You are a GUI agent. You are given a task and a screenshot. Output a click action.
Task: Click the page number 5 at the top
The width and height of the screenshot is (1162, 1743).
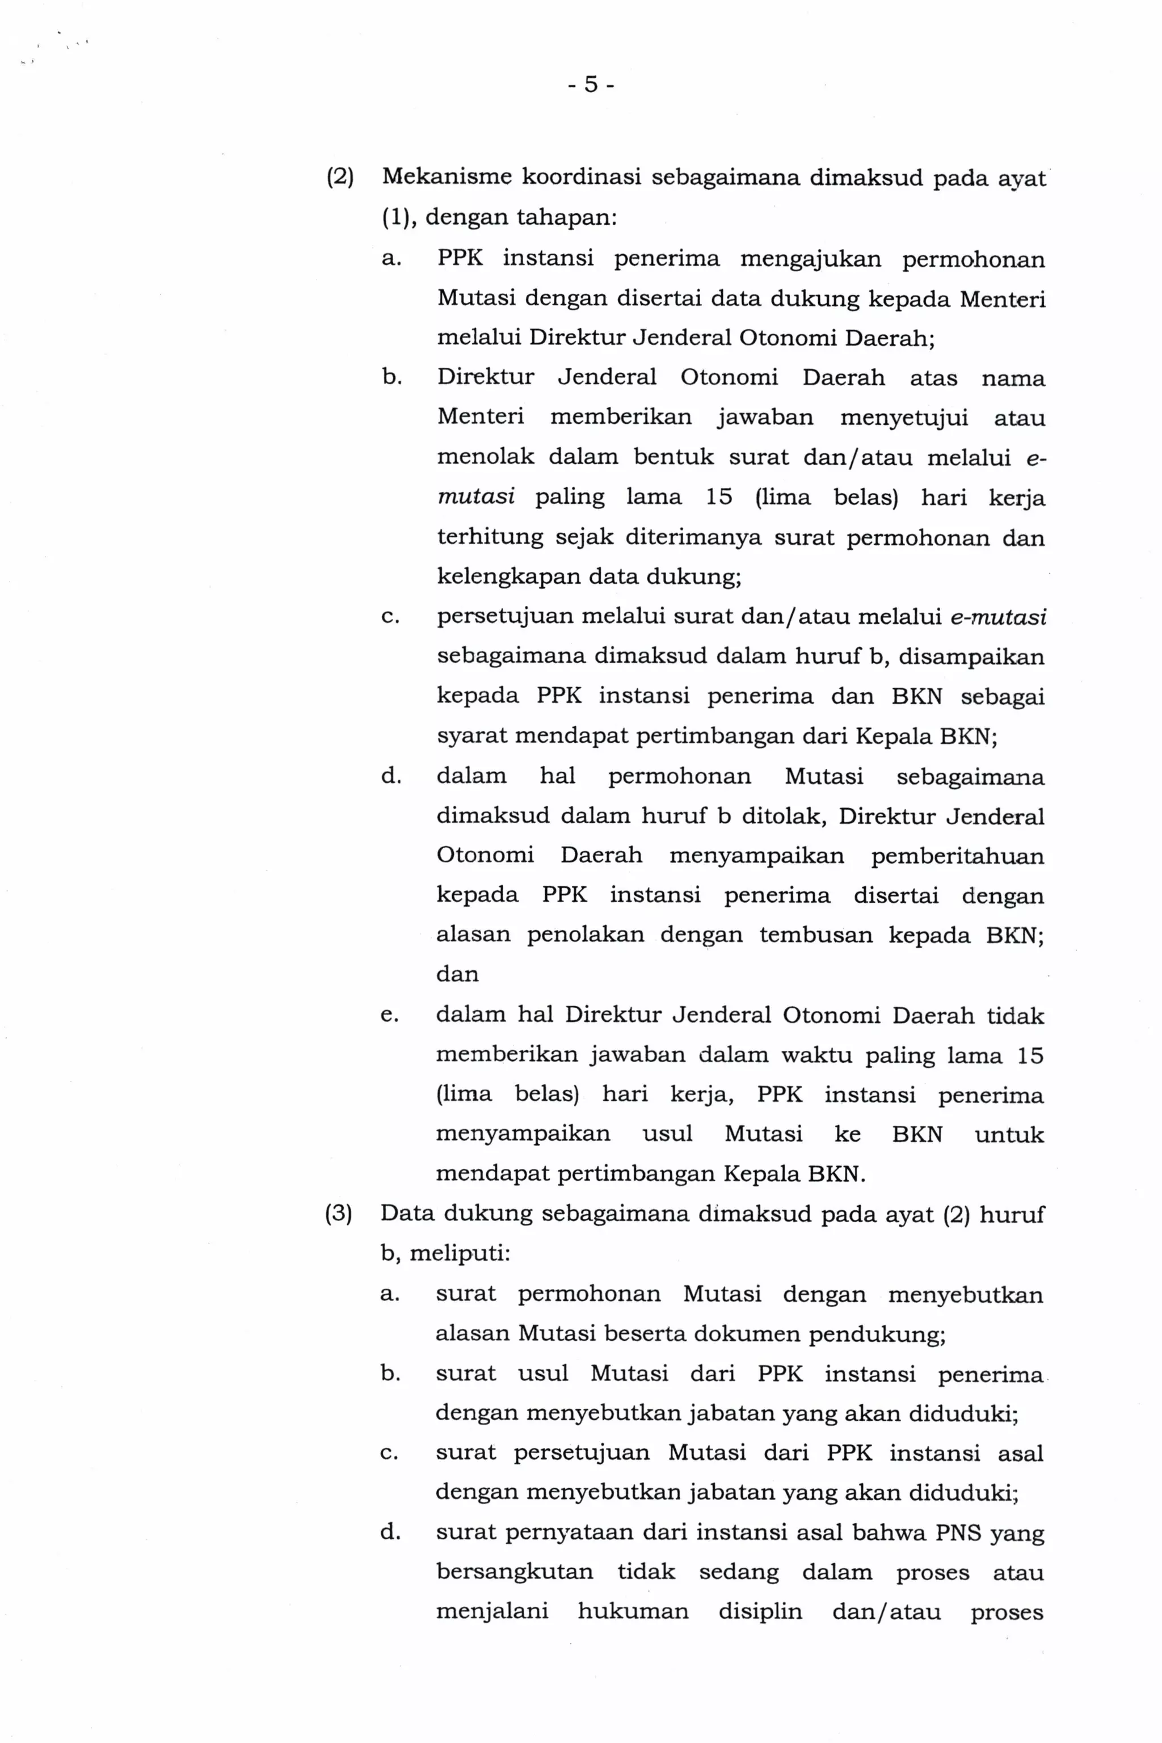[x=591, y=85]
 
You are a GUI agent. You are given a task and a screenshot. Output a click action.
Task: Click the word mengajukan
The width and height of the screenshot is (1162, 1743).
[x=811, y=259]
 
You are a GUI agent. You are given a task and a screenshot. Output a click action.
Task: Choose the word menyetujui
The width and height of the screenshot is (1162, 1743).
[x=903, y=417]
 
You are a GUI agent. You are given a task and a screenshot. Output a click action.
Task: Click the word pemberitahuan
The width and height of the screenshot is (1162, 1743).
[x=958, y=855]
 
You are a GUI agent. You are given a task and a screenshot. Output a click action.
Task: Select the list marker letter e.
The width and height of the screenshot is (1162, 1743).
[x=389, y=1014]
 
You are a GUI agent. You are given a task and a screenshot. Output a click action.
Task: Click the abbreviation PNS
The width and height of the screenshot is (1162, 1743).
[x=958, y=1532]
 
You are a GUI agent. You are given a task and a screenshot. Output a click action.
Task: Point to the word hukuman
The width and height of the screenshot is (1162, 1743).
[x=633, y=1611]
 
